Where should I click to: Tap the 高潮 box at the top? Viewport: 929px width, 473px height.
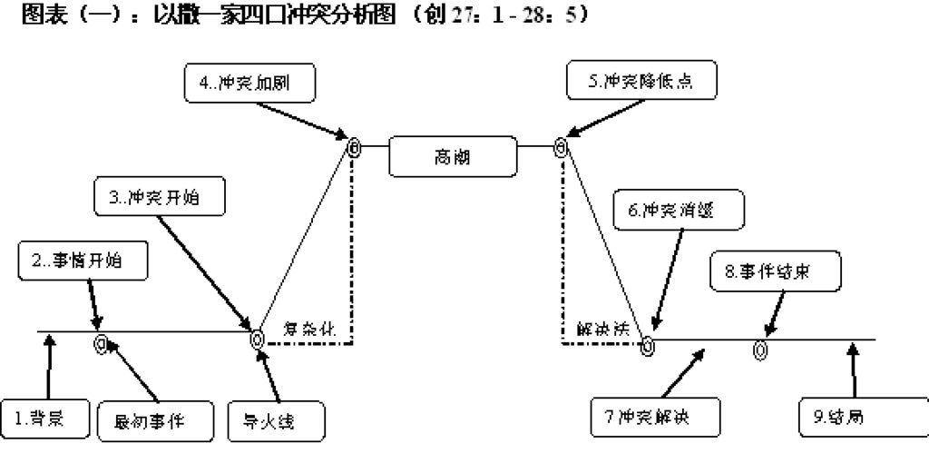click(453, 157)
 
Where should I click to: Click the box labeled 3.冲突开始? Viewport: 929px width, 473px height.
click(159, 196)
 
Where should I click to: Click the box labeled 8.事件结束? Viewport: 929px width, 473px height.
click(775, 271)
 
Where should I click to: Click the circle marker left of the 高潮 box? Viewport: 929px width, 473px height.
click(355, 146)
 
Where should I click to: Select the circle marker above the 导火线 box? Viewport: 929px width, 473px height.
click(258, 340)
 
